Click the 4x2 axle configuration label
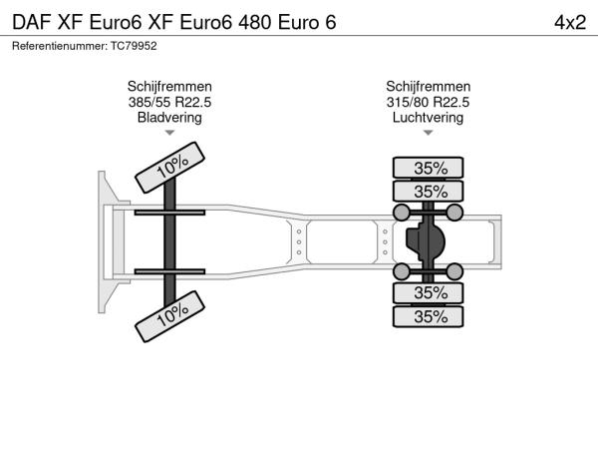point(570,23)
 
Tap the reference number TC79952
point(134,46)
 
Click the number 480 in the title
point(254,23)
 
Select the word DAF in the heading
point(32,23)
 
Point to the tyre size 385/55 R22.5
point(169,103)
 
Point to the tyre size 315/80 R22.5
point(428,103)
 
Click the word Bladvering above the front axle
point(169,117)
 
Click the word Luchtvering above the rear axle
point(428,117)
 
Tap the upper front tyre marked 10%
point(169,168)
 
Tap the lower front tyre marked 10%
point(169,316)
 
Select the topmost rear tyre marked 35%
point(428,168)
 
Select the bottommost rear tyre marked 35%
point(428,316)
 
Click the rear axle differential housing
point(427,241)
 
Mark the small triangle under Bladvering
point(169,133)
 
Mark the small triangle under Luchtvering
point(428,133)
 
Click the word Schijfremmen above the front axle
point(169,87)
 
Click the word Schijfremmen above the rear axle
point(428,87)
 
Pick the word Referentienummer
point(60,46)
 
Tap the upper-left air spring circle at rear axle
point(402,213)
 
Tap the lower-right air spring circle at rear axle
point(454,271)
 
